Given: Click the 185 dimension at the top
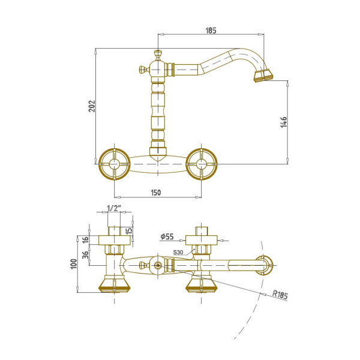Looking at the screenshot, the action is tap(211, 31).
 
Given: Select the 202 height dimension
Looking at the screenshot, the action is tap(92, 106).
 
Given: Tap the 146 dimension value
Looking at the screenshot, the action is tap(284, 122).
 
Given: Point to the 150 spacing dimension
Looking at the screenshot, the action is tap(156, 193).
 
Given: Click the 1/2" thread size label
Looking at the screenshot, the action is tap(114, 208).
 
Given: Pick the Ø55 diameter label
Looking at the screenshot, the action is tap(167, 236).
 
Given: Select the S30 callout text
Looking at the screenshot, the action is tap(178, 253).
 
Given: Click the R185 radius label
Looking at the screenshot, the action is tap(280, 295).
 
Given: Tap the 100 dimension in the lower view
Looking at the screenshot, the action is tap(74, 264).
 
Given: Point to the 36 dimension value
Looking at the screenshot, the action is tap(85, 255).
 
